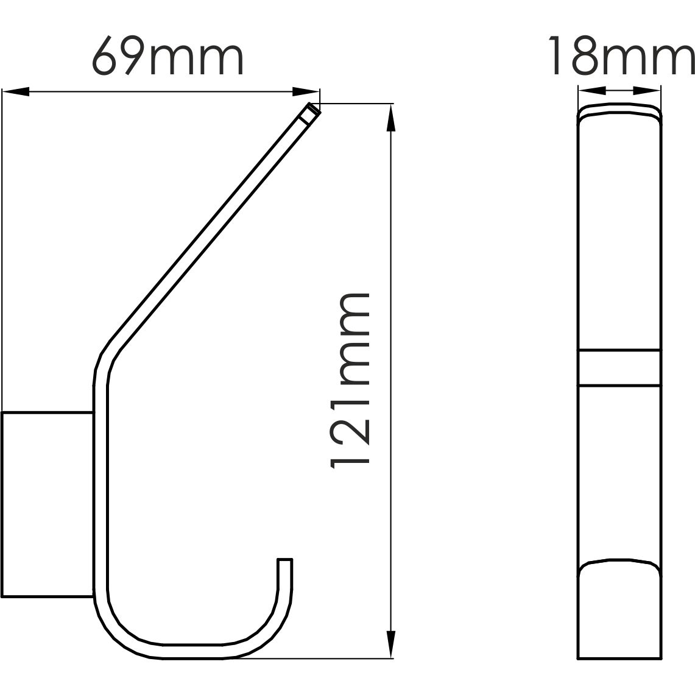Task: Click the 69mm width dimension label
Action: click(168, 57)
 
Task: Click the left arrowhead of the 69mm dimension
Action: click(16, 92)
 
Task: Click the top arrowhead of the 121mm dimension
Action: click(390, 117)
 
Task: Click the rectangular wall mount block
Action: click(48, 505)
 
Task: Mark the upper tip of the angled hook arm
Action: click(311, 111)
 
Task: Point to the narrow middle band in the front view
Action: click(619, 367)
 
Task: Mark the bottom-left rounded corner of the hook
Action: click(116, 633)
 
